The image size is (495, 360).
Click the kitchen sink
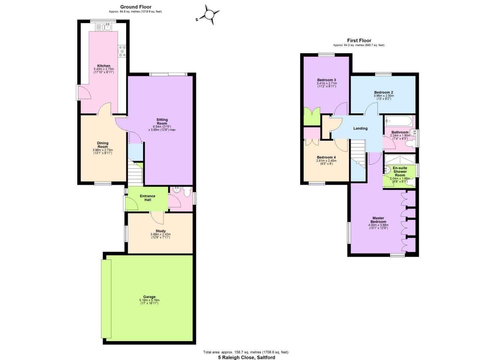(x=106, y=27)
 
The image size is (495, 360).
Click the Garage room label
(x=149, y=297)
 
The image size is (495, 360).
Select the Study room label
(x=160, y=231)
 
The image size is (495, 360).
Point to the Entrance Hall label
(x=148, y=198)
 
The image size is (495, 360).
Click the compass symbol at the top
(x=209, y=15)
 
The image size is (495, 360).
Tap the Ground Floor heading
(x=136, y=7)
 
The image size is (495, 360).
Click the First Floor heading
(x=359, y=41)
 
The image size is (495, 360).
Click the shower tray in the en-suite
(x=400, y=159)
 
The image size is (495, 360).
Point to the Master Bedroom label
(x=378, y=220)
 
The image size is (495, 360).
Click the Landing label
(x=360, y=128)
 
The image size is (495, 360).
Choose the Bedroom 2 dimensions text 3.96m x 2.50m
(x=384, y=96)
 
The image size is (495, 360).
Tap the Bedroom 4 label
(x=326, y=157)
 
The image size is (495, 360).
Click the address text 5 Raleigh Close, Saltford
(x=247, y=357)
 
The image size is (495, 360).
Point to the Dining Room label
(x=103, y=145)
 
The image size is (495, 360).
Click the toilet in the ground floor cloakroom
(x=187, y=192)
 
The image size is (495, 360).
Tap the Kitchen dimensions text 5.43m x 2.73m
(x=104, y=69)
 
